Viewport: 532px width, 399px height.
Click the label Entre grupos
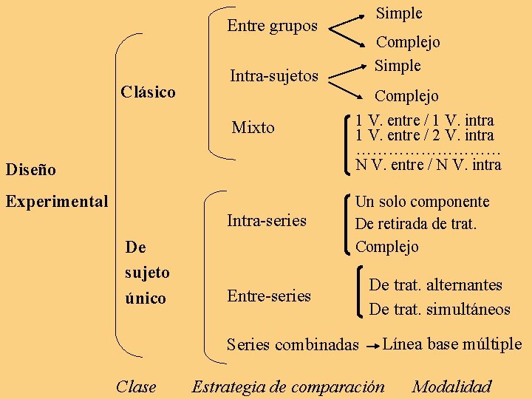click(x=272, y=26)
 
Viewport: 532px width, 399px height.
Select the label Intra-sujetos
click(x=274, y=75)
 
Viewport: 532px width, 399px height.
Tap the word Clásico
click(x=148, y=92)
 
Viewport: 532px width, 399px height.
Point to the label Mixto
click(x=253, y=128)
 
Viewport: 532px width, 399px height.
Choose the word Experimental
click(x=57, y=201)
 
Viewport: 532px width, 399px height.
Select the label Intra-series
click(x=266, y=220)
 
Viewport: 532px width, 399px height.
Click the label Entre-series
click(x=269, y=296)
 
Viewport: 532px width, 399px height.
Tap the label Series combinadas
click(x=293, y=345)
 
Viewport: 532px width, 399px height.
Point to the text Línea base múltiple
click(x=452, y=344)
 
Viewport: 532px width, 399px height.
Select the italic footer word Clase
click(x=136, y=386)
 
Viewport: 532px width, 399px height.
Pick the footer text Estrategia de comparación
click(x=288, y=386)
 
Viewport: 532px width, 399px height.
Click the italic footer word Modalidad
click(x=451, y=386)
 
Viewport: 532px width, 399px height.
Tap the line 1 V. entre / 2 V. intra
click(x=424, y=135)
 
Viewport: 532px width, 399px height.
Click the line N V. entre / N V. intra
click(x=428, y=164)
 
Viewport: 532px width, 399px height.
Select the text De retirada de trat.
click(x=416, y=223)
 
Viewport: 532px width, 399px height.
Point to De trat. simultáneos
click(x=440, y=310)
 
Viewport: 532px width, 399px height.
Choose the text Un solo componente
click(x=422, y=202)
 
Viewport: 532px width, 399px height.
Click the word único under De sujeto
click(x=146, y=299)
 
